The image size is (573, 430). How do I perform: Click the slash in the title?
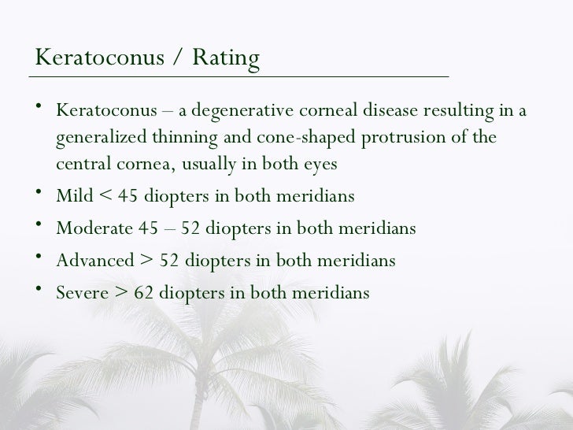[172, 60]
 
